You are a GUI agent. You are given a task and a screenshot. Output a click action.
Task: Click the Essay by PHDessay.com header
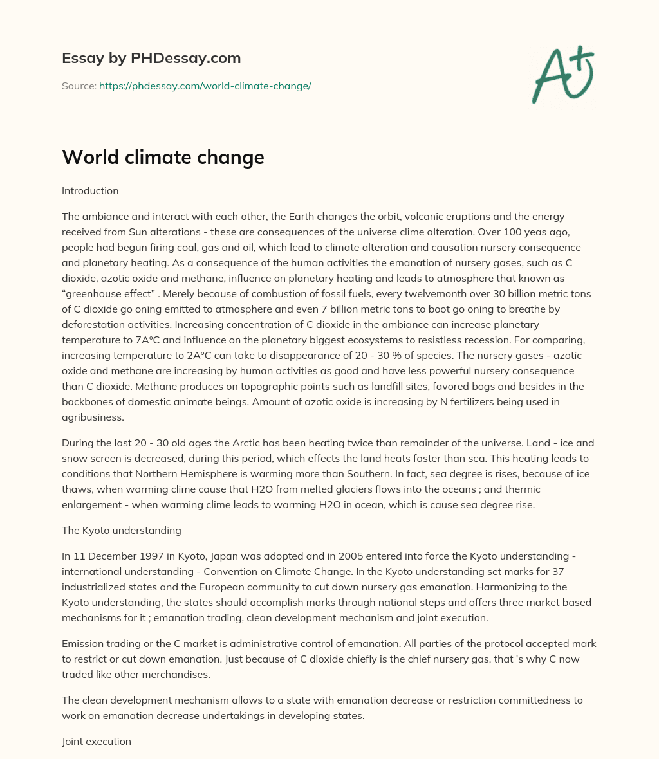pyautogui.click(x=151, y=58)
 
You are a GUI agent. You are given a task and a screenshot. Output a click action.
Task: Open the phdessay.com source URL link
pyautogui.click(x=205, y=86)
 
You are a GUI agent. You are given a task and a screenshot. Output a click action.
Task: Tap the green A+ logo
pyautogui.click(x=562, y=74)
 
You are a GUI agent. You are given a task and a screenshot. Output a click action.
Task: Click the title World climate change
pyautogui.click(x=163, y=157)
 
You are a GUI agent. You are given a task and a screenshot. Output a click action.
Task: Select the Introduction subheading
pyautogui.click(x=90, y=191)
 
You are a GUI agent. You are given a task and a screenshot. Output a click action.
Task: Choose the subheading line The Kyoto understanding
pyautogui.click(x=122, y=531)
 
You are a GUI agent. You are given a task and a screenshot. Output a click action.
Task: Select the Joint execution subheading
pyautogui.click(x=97, y=742)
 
